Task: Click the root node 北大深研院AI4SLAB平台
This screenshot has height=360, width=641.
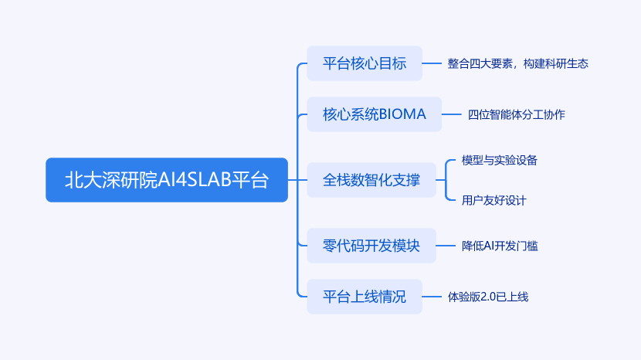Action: [166, 180]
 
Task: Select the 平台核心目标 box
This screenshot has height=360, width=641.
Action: [365, 63]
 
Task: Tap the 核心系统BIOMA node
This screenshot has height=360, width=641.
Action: [374, 114]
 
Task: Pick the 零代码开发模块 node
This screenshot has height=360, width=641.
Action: [371, 246]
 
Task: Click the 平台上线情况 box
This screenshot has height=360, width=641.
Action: [365, 297]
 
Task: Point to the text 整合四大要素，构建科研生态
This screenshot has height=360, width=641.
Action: [517, 63]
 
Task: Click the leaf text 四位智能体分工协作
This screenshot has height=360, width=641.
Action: [516, 114]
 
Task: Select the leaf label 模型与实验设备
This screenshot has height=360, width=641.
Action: [499, 161]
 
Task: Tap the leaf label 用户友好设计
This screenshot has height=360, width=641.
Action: [493, 200]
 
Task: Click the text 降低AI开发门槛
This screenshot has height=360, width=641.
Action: [500, 246]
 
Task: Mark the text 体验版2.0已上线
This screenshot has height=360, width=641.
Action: [488, 297]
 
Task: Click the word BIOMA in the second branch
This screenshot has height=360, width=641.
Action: [402, 114]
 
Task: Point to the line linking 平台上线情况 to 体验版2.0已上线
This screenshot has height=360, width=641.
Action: [431, 297]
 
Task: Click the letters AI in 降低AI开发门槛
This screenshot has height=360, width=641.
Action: [489, 246]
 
